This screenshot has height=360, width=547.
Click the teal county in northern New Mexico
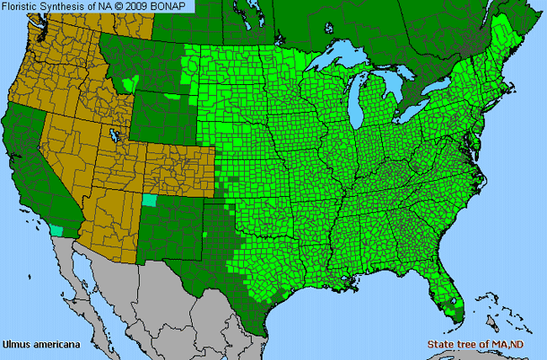[150, 200]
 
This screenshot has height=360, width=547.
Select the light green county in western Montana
[128, 83]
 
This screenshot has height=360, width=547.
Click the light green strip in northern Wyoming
[173, 95]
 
